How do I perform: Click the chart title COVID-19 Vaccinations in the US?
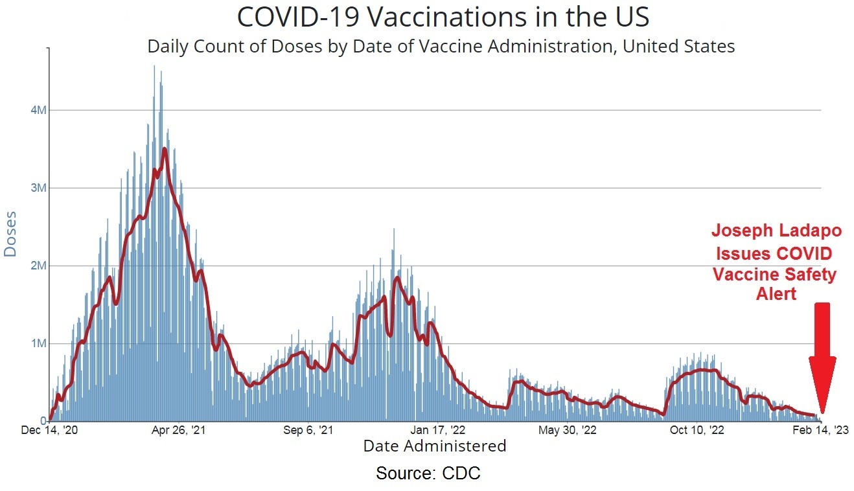443,17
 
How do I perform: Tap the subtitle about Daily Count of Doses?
441,47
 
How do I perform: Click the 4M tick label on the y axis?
40,110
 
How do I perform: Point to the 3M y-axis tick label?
40,188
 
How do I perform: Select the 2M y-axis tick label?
40,266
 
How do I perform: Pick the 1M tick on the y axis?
40,343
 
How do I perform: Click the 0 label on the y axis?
43,421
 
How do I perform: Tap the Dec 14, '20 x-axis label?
50,430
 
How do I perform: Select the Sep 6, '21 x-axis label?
308,430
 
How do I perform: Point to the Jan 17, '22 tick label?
438,430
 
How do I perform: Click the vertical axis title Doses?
11,233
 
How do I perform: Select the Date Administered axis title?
434,446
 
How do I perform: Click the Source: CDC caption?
428,474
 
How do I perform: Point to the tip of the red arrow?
822,412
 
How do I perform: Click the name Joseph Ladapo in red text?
776,231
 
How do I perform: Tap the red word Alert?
776,295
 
